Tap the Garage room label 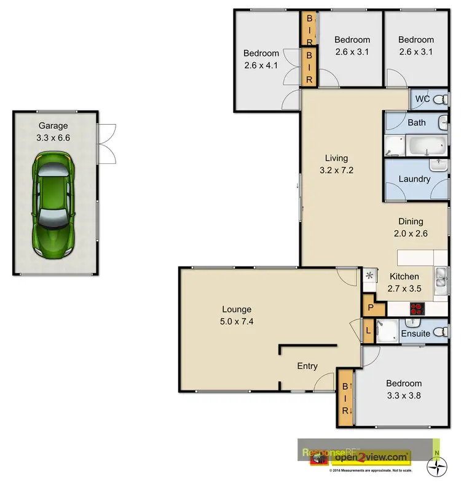pos(53,126)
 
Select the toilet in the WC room pos(438,98)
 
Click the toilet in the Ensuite pos(438,332)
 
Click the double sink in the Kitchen pos(441,279)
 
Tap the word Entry pos(307,366)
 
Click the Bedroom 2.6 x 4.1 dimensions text pos(261,63)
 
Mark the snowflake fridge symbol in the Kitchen pos(369,276)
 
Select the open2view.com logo pos(371,457)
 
